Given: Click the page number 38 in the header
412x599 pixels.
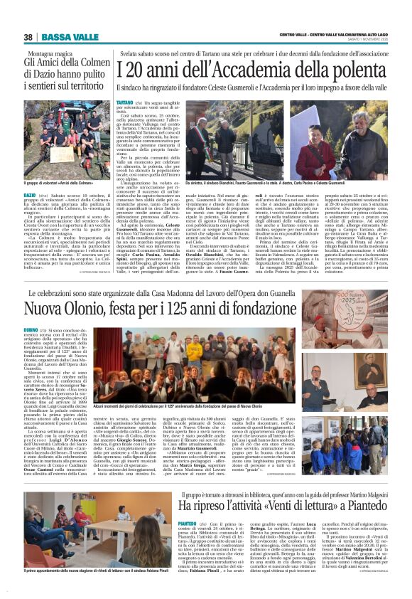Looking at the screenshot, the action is tap(28, 37).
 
